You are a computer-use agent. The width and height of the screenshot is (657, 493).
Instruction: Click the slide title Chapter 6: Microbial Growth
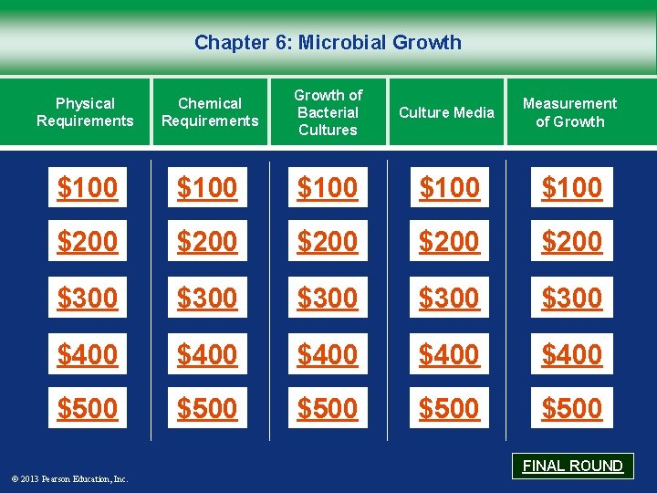[328, 42]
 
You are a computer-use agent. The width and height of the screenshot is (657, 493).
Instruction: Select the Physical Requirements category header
[85, 112]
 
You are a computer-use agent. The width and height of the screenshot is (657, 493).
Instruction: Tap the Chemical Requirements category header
[210, 112]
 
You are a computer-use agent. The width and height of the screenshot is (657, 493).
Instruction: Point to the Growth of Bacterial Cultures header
[328, 112]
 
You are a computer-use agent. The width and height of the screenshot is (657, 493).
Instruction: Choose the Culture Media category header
[447, 112]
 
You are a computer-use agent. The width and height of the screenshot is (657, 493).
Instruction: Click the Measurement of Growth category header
[569, 112]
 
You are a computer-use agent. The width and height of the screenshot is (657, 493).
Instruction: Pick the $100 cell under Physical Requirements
[88, 187]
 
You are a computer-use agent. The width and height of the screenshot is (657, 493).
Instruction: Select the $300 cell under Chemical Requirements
[207, 298]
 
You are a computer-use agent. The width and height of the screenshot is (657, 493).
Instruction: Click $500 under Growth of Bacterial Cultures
[328, 408]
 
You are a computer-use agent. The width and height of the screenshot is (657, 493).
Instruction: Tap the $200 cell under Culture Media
[449, 242]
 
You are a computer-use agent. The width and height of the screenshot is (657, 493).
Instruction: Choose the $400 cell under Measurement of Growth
[571, 353]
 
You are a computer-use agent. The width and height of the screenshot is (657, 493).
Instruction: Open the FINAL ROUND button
[572, 466]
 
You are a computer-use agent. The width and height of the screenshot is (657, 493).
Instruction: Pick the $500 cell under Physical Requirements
[88, 408]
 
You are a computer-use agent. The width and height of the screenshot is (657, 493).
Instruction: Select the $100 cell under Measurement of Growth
[571, 187]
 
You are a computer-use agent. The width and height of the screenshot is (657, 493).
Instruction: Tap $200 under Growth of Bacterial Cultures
[328, 242]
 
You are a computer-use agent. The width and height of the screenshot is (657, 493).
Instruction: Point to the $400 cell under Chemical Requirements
[207, 353]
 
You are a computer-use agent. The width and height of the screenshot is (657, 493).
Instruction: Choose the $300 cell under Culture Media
[449, 298]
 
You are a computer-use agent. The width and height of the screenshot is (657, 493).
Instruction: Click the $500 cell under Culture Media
[449, 408]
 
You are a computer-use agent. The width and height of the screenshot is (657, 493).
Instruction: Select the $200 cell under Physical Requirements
[88, 242]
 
